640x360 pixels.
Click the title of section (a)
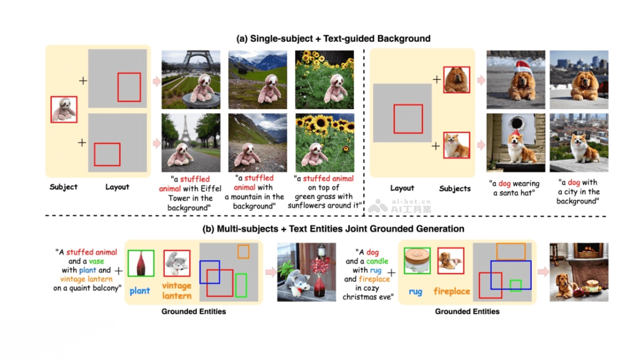pyautogui.click(x=333, y=38)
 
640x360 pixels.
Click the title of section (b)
pyautogui.click(x=333, y=229)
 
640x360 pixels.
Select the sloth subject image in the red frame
pyautogui.click(x=64, y=109)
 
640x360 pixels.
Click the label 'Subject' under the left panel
pyautogui.click(x=63, y=187)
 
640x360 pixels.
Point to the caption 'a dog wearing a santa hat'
pyautogui.click(x=514, y=189)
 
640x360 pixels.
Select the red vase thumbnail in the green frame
pyautogui.click(x=140, y=263)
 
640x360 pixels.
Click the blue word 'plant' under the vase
pyautogui.click(x=140, y=291)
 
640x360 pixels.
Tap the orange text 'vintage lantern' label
pyautogui.click(x=177, y=291)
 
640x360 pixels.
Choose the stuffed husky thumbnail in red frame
pyautogui.click(x=177, y=263)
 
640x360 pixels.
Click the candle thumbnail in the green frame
pyautogui.click(x=417, y=260)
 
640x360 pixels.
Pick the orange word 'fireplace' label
pyautogui.click(x=451, y=291)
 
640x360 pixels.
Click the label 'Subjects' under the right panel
pyautogui.click(x=454, y=188)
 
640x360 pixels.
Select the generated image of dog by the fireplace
pyautogui.click(x=579, y=272)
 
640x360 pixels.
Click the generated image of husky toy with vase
pyautogui.click(x=307, y=272)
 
